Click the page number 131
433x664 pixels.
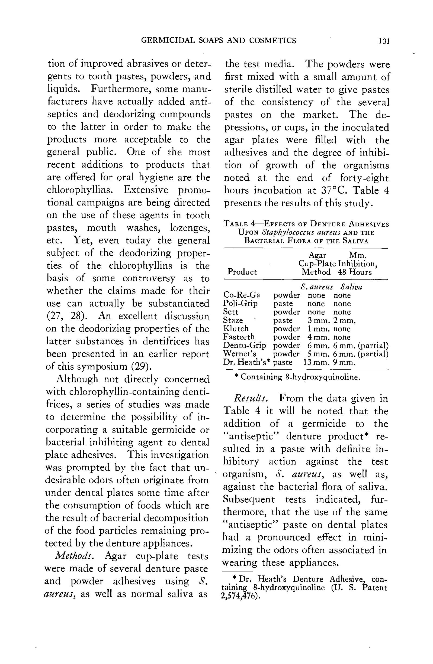pyautogui.click(x=384, y=41)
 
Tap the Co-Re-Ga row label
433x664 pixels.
pyautogui.click(x=242, y=295)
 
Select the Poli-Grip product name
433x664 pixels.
pyautogui.click(x=240, y=303)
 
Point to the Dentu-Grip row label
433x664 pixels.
pyautogui.click(x=245, y=345)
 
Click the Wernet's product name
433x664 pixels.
pyautogui.click(x=240, y=354)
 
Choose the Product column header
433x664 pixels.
pyautogui.click(x=242, y=272)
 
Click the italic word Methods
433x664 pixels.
pyautogui.click(x=74, y=556)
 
